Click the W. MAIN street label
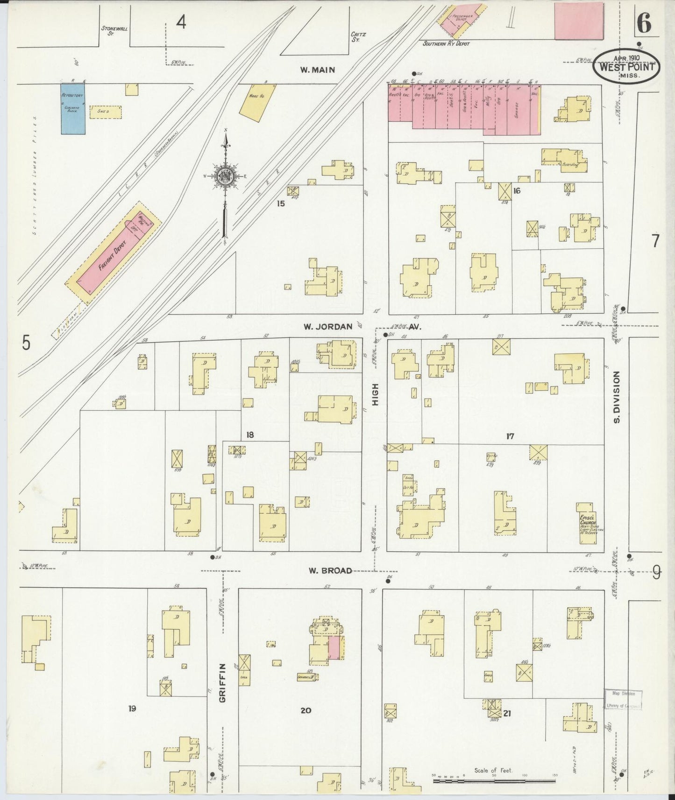tap(317, 70)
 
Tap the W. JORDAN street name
tap(327, 327)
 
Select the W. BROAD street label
tap(330, 570)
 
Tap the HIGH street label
tap(376, 394)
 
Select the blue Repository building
tap(73, 109)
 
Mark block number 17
tap(510, 436)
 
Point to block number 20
tap(306, 710)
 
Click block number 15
tap(280, 203)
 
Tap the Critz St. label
tap(358, 37)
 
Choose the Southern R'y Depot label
tap(446, 43)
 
